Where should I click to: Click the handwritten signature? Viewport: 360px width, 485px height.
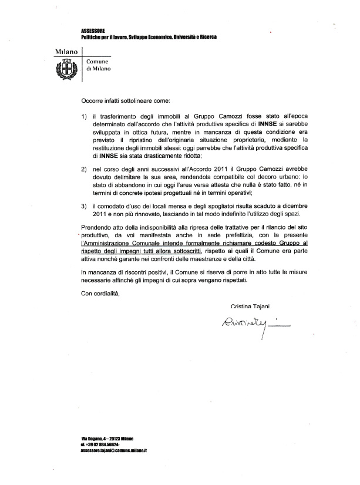tap(247, 321)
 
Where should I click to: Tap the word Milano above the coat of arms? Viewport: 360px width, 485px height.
tap(66, 53)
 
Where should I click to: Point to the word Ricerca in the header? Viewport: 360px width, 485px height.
tap(204, 37)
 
